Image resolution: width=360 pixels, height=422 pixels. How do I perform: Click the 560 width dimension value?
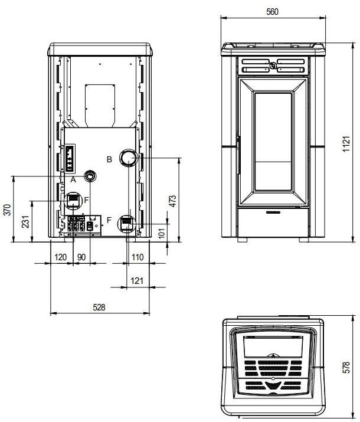[x=272, y=12]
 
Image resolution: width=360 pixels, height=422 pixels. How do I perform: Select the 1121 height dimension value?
[x=346, y=144]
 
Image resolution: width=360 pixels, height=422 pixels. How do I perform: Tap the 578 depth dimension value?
[x=347, y=367]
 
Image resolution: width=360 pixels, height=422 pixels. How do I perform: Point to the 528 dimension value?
[x=99, y=307]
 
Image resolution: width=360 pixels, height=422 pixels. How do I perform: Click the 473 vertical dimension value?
[x=173, y=201]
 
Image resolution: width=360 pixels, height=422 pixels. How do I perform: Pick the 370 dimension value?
[x=8, y=210]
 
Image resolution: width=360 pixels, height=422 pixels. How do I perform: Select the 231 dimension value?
[x=25, y=221]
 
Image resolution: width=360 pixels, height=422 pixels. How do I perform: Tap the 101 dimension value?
[x=161, y=233]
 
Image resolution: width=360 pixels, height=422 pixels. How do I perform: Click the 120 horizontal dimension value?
[x=61, y=257]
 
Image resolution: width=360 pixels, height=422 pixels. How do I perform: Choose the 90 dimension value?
[x=81, y=257]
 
